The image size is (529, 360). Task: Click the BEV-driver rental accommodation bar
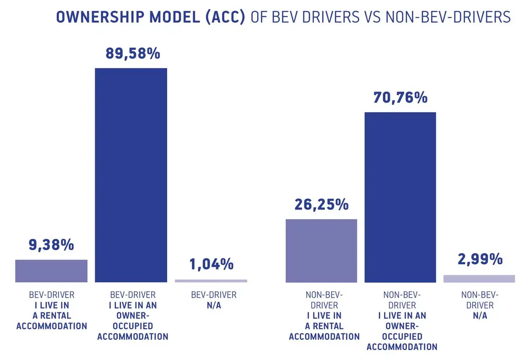point(51,271)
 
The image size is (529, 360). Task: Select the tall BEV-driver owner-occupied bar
point(131,175)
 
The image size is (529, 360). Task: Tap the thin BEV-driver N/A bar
point(211,281)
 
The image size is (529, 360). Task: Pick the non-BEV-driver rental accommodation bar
point(321,251)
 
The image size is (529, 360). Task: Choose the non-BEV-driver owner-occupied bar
point(400,197)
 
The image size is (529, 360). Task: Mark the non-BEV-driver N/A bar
point(479,279)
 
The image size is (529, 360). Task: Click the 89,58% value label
point(131,55)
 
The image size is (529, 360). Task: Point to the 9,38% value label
point(51,246)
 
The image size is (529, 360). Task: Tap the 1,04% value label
point(211,264)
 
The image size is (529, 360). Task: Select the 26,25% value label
point(321,205)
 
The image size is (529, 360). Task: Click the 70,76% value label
point(400,98)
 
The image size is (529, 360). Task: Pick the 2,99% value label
point(479,260)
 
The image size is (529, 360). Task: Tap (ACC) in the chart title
point(224,17)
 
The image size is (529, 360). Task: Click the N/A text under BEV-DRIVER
point(211,306)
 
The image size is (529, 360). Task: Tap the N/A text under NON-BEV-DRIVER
point(479,316)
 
